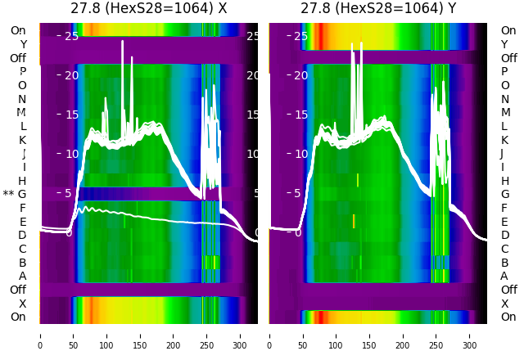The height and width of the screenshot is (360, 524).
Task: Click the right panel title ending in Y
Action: pos(378,9)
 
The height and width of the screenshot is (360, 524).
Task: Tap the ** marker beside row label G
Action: pos(8,195)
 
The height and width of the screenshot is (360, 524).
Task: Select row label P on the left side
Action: pos(22,72)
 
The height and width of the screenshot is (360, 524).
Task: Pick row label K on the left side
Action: pos(23,140)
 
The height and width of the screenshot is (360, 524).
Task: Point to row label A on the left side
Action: pos(22,276)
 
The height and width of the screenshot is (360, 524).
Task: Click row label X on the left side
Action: pos(23,304)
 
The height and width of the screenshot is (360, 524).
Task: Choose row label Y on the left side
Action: pos(23,45)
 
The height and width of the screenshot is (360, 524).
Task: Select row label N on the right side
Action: pos(504,99)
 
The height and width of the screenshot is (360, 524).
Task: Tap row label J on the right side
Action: pos(502,154)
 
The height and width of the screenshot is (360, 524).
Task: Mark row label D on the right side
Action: pos(504,236)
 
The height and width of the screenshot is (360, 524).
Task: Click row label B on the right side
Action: pos(504,263)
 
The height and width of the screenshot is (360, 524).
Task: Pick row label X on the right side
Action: pos(504,304)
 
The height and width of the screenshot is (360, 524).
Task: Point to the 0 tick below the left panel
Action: pos(40,335)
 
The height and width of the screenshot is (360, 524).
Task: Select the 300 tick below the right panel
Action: pos(470,335)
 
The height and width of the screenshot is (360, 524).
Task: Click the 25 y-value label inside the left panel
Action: pos(71,36)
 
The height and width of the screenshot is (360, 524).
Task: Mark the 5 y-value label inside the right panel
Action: pos(298,194)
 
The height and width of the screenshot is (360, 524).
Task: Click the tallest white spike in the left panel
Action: pos(123,42)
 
